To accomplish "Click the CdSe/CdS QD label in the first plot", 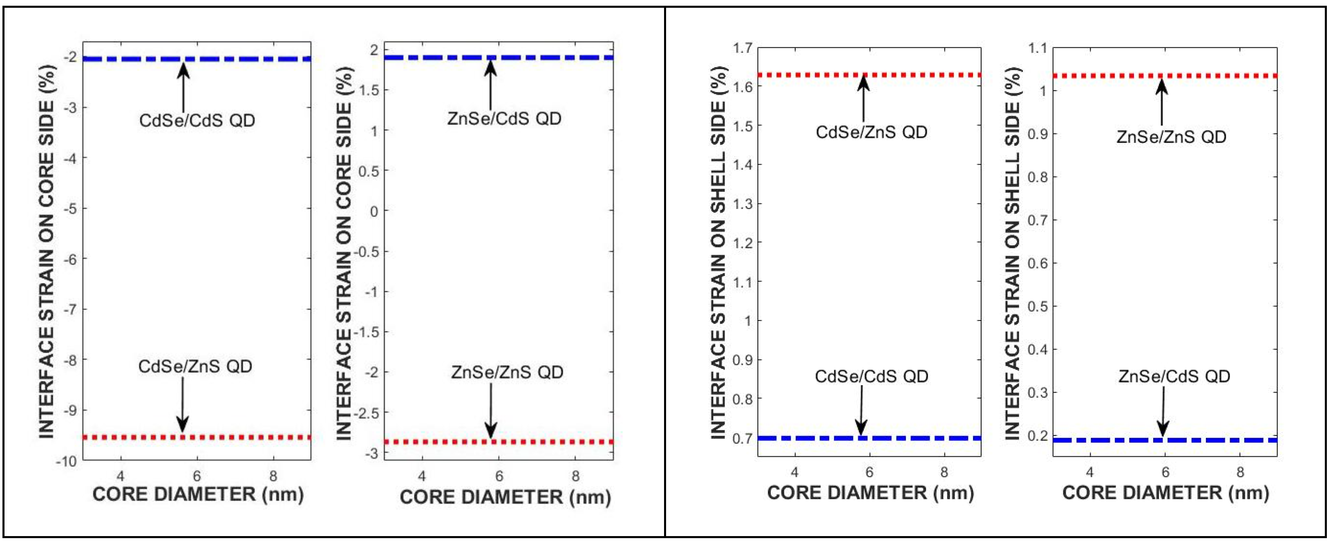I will pyautogui.click(x=197, y=121).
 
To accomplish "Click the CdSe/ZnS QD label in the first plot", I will pyautogui.click(x=195, y=366).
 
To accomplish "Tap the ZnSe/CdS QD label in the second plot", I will pyautogui.click(x=504, y=119).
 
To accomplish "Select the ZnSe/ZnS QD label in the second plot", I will pyautogui.click(x=507, y=372).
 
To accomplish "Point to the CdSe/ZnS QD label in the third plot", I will pyautogui.click(x=871, y=132).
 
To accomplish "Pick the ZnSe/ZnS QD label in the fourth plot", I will pyautogui.click(x=1171, y=137).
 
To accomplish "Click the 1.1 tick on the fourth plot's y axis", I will pyautogui.click(x=1037, y=48).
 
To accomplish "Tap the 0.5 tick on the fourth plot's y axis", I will pyautogui.click(x=1037, y=306).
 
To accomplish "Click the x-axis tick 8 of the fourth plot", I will pyautogui.click(x=1240, y=472).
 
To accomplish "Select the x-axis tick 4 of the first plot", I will pyautogui.click(x=121, y=475).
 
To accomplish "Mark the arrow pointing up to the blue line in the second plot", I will pyautogui.click(x=490, y=85).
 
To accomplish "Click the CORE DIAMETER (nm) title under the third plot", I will pyautogui.click(x=870, y=492).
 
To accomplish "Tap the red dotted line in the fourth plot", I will pyautogui.click(x=1087, y=76).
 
